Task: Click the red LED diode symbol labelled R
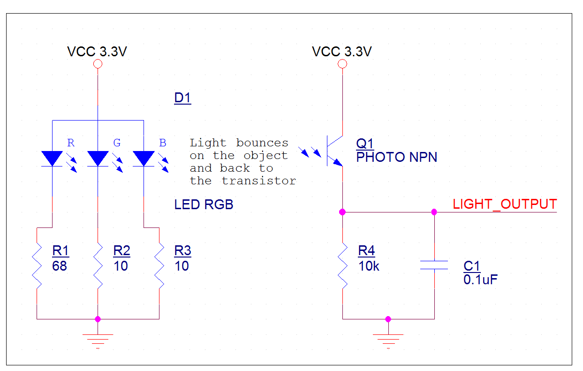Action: pos(52,158)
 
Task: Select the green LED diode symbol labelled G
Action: pos(98,158)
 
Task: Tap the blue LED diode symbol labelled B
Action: pos(144,158)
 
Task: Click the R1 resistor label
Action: pos(61,251)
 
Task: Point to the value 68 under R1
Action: pos(60,266)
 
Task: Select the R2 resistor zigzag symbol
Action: pos(98,266)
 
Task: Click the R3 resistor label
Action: pos(182,251)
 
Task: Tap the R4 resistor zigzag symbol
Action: pos(343,266)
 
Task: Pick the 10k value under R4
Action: pos(369,266)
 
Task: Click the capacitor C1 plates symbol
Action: pos(434,265)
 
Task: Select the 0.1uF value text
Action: pos(480,280)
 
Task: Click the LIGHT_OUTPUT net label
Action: pos(505,204)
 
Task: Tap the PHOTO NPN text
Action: pos(397,157)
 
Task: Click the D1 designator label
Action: pos(182,98)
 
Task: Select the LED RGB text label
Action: pos(204,204)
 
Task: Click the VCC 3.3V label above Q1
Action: pos(342,52)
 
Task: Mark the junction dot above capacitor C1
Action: pos(434,212)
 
